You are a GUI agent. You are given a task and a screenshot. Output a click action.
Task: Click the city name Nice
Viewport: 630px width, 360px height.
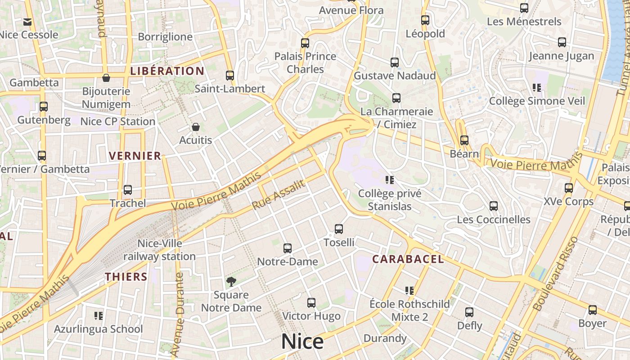[302, 342]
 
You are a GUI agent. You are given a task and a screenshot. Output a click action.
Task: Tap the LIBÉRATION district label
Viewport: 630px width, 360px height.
[167, 71]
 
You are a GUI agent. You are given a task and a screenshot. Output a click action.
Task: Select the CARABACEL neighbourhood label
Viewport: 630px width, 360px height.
[408, 259]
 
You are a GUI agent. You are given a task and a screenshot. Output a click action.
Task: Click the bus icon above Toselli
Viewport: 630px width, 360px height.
[339, 229]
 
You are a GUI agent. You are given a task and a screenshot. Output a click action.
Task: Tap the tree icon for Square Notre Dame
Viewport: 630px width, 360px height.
[231, 282]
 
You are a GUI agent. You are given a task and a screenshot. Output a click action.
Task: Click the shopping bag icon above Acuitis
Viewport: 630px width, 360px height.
[195, 127]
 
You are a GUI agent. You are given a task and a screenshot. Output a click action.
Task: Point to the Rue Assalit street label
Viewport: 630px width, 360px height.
[279, 194]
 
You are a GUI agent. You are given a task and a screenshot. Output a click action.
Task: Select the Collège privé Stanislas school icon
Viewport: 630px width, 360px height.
[390, 180]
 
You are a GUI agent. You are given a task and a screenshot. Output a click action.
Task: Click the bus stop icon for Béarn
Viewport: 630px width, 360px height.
[464, 140]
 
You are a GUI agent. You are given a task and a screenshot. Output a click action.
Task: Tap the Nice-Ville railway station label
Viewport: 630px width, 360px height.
[160, 250]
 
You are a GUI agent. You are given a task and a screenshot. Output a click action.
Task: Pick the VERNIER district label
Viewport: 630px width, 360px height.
[135, 156]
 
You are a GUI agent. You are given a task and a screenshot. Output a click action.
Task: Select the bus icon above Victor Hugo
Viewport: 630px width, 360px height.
[311, 303]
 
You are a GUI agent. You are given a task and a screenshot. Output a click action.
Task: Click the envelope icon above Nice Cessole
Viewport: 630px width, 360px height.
[27, 22]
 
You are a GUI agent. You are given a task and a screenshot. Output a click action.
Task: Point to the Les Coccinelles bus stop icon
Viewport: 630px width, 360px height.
[494, 206]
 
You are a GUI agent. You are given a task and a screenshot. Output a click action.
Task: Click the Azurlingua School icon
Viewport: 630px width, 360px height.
[99, 316]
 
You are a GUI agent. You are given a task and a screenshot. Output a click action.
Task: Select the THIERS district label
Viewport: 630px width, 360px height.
[126, 277]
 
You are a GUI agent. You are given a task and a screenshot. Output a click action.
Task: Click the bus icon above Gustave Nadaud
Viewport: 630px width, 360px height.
[395, 63]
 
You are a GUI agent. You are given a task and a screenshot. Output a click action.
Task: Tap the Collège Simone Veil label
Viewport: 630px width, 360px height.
[537, 101]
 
